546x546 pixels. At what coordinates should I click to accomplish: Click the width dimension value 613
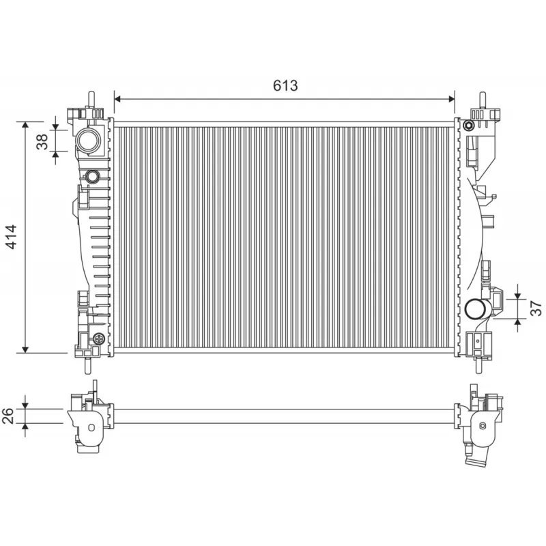click(285, 85)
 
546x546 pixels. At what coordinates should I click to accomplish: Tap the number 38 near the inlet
click(42, 141)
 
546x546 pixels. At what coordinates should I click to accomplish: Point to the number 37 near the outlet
click(535, 305)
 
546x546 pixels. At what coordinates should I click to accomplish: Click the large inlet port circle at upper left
click(89, 141)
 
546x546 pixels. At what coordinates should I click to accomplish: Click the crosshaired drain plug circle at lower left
click(99, 338)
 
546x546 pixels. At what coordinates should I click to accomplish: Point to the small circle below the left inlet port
click(93, 177)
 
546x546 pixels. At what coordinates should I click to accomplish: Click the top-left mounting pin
click(89, 99)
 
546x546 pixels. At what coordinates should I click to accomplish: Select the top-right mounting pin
click(483, 99)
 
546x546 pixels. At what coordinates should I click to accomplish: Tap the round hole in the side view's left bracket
click(90, 428)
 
